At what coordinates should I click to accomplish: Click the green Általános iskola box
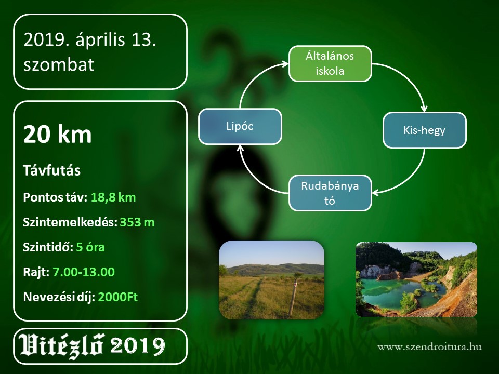click(x=330, y=63)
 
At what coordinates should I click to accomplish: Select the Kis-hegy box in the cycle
click(x=424, y=130)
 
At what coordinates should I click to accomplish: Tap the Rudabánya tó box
click(x=330, y=193)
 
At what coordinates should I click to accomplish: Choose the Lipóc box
click(x=240, y=126)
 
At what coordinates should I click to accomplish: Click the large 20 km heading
click(x=57, y=134)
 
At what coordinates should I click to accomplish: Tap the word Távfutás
click(x=51, y=170)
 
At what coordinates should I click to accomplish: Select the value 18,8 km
click(x=113, y=197)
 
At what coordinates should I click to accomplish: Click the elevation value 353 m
click(x=137, y=222)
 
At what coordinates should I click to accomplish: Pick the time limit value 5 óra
click(x=90, y=247)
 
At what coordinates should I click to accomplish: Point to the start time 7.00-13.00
click(x=83, y=272)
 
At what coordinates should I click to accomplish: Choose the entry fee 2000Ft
click(x=118, y=297)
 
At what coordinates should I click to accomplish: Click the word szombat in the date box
click(x=59, y=64)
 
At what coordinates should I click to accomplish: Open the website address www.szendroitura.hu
click(x=429, y=346)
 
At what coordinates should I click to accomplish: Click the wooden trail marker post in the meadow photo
click(x=293, y=297)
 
